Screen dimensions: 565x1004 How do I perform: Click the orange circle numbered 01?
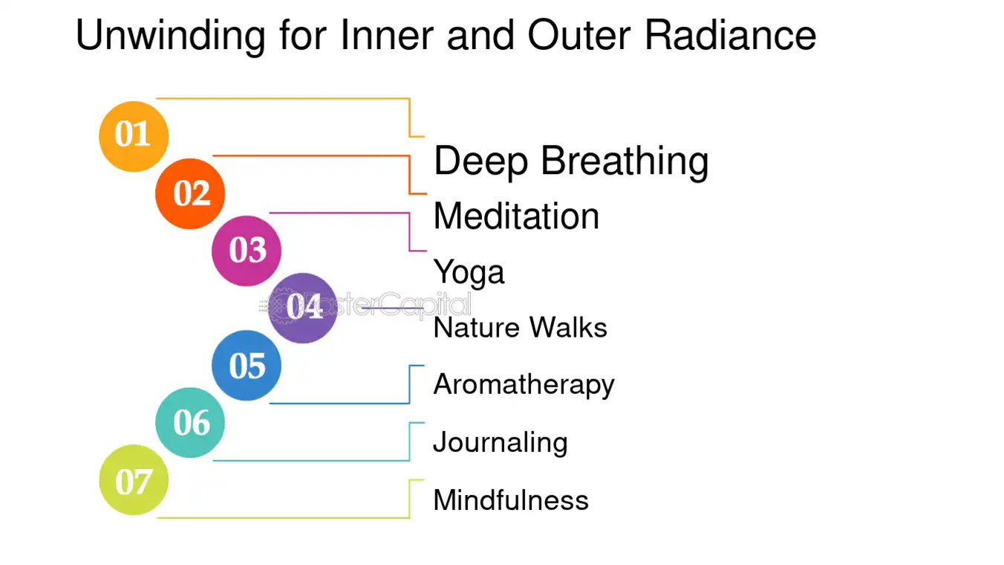(134, 136)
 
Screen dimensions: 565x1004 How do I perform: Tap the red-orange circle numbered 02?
(190, 193)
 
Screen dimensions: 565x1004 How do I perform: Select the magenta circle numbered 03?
(247, 251)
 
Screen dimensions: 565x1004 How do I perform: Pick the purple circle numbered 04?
(302, 308)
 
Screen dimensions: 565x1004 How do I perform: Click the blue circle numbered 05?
(247, 365)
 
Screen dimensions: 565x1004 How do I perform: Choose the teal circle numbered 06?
(190, 422)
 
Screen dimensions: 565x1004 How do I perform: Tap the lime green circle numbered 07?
(134, 480)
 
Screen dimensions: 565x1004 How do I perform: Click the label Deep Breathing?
(570, 161)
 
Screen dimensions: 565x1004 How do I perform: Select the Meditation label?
(516, 217)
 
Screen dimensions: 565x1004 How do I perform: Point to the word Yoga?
(469, 273)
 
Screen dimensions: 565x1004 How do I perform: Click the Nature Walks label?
(520, 328)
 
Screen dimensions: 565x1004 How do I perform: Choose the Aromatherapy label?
(524, 385)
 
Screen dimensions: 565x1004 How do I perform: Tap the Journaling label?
(500, 442)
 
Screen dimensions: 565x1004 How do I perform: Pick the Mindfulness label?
(510, 500)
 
